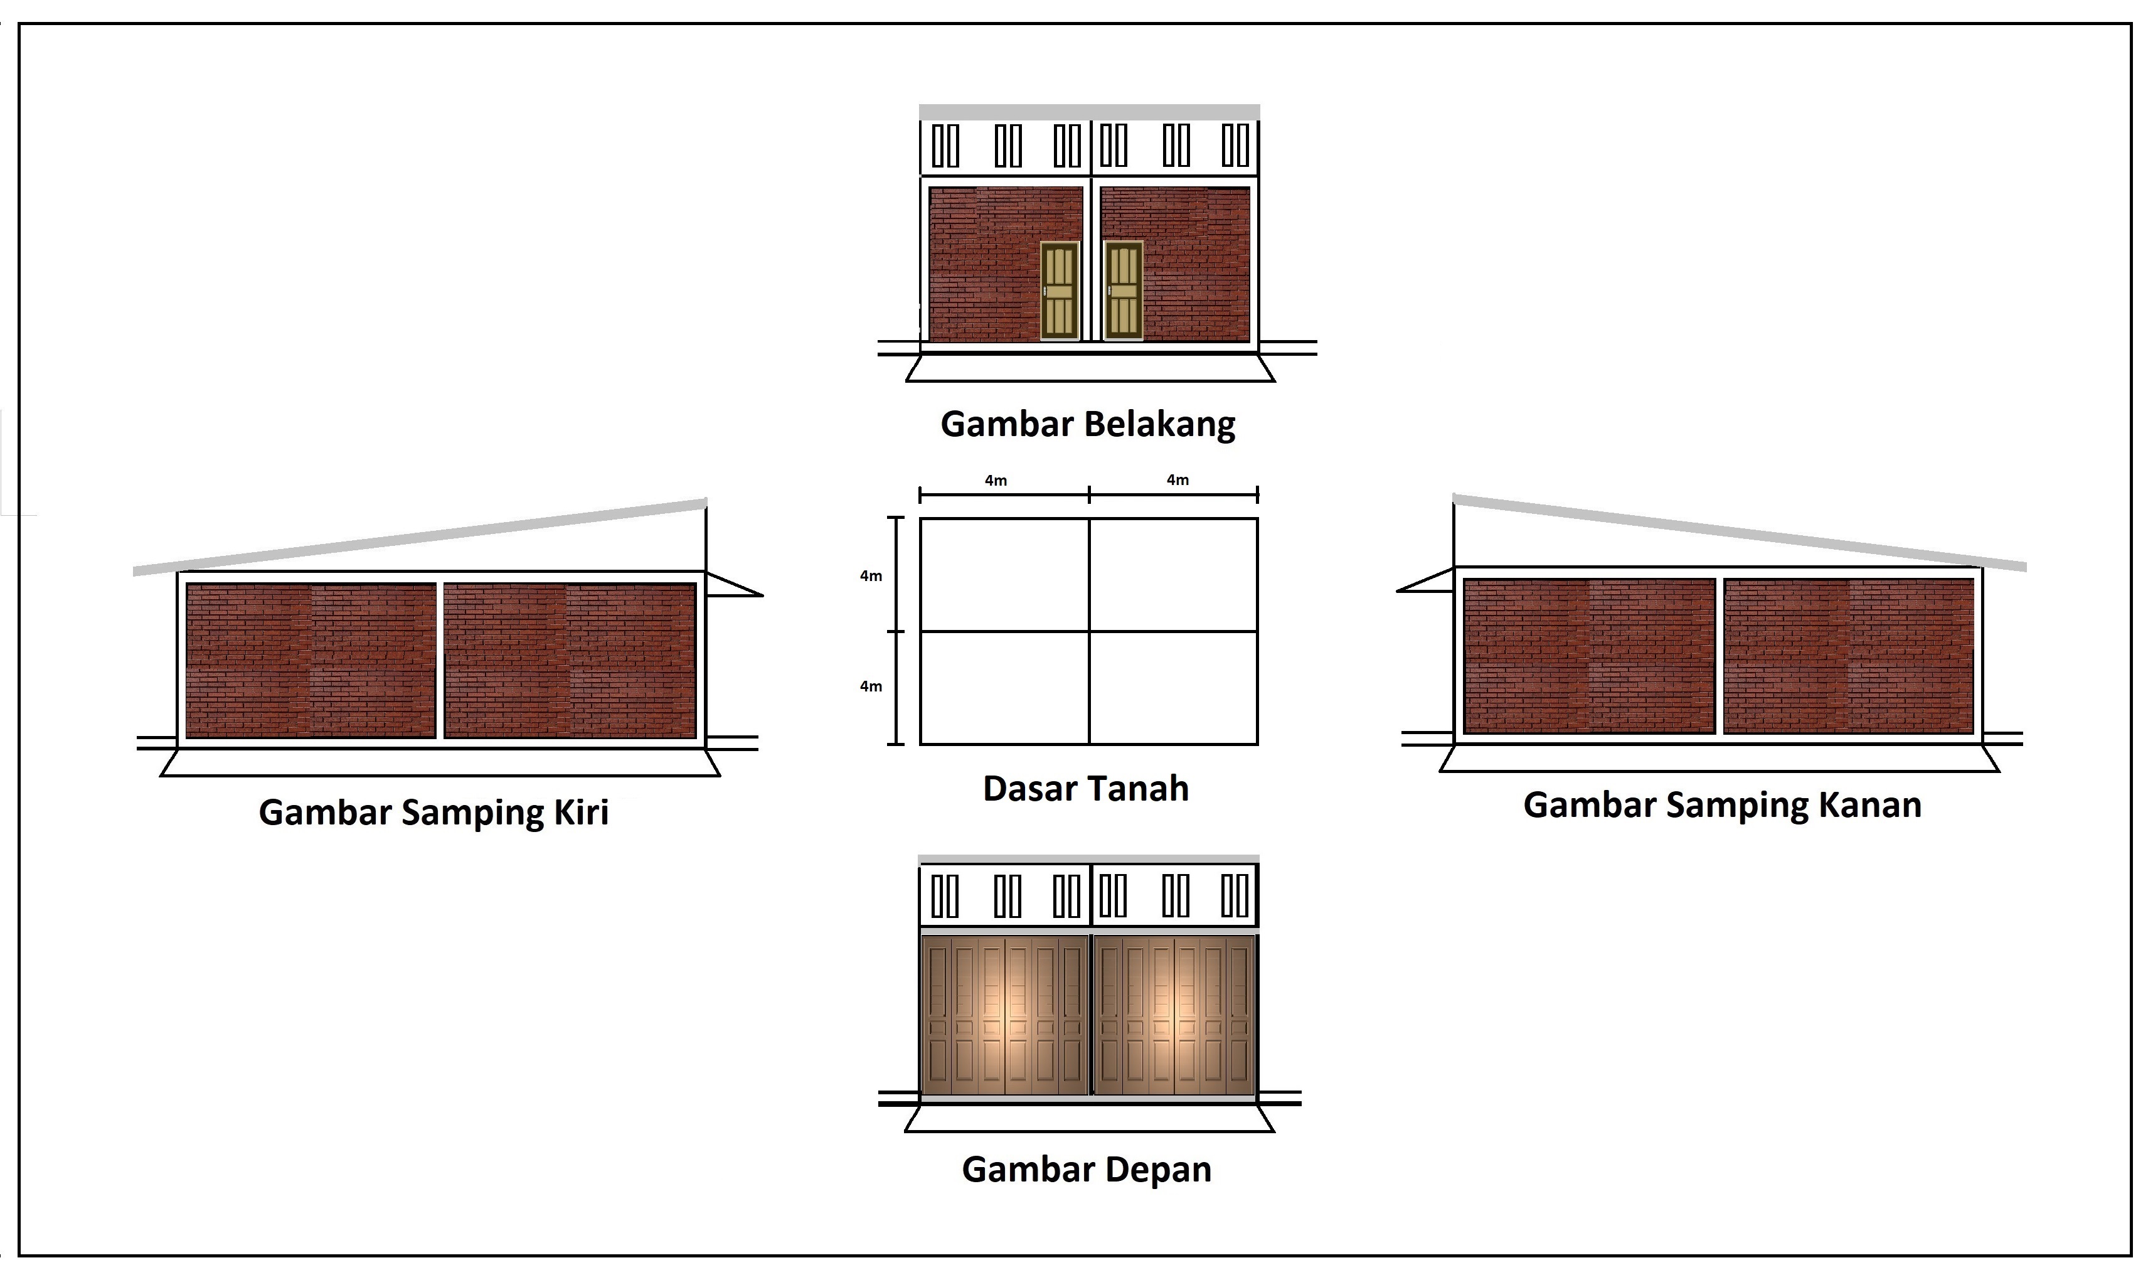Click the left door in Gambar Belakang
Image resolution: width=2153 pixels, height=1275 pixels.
click(1059, 291)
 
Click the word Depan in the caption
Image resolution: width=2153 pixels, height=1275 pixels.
click(1159, 1170)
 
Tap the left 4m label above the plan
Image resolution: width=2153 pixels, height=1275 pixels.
click(996, 480)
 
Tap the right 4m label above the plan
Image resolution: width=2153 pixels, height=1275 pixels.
click(1178, 479)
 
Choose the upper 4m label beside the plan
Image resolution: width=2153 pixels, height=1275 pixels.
click(871, 575)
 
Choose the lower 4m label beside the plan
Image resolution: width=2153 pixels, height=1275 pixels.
click(871, 686)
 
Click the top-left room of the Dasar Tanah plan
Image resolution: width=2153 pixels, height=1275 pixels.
click(1005, 575)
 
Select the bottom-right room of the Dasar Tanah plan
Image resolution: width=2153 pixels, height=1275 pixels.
click(1173, 687)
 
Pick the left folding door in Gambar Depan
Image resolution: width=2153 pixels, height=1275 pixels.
click(1004, 1015)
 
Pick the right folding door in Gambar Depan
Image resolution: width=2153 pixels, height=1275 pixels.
click(1174, 1015)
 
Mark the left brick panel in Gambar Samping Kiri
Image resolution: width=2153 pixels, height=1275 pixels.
click(311, 661)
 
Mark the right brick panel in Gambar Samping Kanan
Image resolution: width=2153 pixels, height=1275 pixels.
click(1848, 656)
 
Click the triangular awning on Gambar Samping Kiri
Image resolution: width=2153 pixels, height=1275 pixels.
click(734, 584)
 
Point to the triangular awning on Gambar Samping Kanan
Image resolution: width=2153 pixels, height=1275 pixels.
click(1425, 580)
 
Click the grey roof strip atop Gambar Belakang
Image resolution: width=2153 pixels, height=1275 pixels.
click(1089, 112)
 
